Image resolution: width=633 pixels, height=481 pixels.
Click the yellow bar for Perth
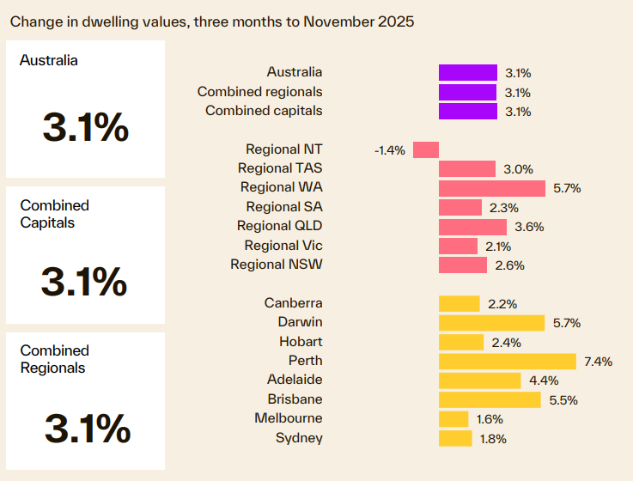coord(507,361)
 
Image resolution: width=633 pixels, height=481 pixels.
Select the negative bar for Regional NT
coord(426,149)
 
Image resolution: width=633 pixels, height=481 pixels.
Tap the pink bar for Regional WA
coord(491,188)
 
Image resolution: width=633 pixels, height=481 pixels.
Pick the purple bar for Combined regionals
coord(467,92)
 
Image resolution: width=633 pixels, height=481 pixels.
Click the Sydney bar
coord(455,439)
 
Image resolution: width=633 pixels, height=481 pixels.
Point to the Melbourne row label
coord(289,418)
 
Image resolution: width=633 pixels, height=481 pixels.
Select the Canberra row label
coord(294,303)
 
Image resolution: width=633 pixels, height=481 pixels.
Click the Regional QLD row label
coord(280,226)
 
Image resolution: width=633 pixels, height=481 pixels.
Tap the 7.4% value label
coord(597,362)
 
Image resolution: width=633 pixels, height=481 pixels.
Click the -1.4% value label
coord(389,150)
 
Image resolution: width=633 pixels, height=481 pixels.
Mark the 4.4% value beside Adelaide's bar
coord(542,381)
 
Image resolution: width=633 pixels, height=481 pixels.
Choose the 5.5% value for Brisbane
coord(562,400)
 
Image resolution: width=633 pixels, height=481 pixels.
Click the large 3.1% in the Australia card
coord(85,129)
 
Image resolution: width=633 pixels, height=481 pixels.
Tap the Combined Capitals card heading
coord(55,214)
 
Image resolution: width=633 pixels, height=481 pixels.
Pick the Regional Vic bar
coord(458,246)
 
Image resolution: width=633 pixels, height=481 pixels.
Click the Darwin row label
coord(300,322)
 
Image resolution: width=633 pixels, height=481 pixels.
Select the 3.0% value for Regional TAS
coord(518,169)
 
